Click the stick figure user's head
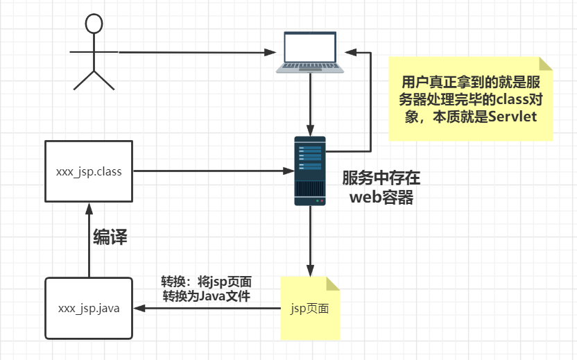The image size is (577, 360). pyautogui.click(x=94, y=23)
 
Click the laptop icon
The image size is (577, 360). pyautogui.click(x=310, y=53)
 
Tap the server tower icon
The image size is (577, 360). pyautogui.click(x=309, y=171)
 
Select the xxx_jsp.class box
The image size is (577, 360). pyautogui.click(x=89, y=171)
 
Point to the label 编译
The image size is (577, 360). pyautogui.click(x=110, y=237)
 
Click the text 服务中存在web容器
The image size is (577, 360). pyautogui.click(x=381, y=187)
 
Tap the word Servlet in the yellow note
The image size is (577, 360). pyautogui.click(x=513, y=117)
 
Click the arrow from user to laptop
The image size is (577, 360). pyautogui.click(x=194, y=52)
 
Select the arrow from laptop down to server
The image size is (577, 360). pyautogui.click(x=310, y=104)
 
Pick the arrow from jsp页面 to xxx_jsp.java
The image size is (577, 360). pyautogui.click(x=208, y=309)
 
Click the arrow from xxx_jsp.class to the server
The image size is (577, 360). pyautogui.click(x=208, y=171)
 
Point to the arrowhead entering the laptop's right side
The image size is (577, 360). pyautogui.click(x=352, y=51)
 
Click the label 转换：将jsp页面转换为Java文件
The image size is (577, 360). pyautogui.click(x=206, y=289)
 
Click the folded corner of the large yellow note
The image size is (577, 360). pyautogui.click(x=546, y=64)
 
